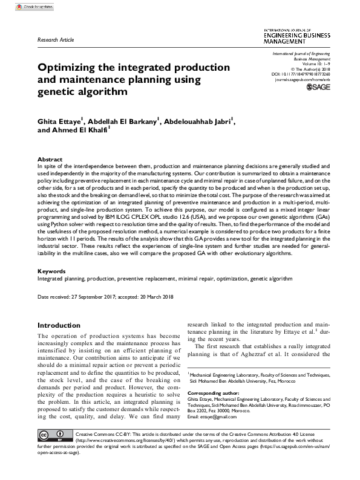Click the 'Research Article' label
pos(56,39)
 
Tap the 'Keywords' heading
pos(51,271)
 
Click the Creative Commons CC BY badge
pos(54,436)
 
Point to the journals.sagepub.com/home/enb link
pos(300,79)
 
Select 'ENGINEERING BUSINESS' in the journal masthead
pos(296,36)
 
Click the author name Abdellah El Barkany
pos(124,122)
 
